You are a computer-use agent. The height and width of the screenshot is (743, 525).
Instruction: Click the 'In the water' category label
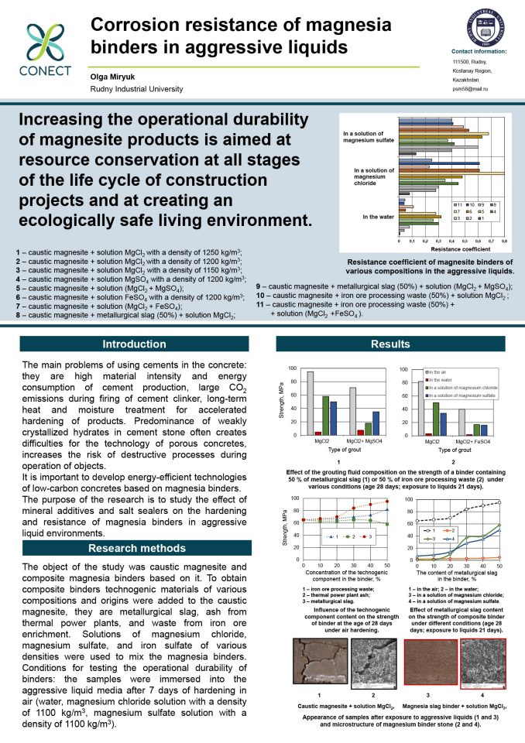point(380,217)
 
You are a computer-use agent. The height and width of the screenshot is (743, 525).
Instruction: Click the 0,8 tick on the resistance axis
point(504,241)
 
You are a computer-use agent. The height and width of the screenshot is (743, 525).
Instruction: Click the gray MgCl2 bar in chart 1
point(310,404)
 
